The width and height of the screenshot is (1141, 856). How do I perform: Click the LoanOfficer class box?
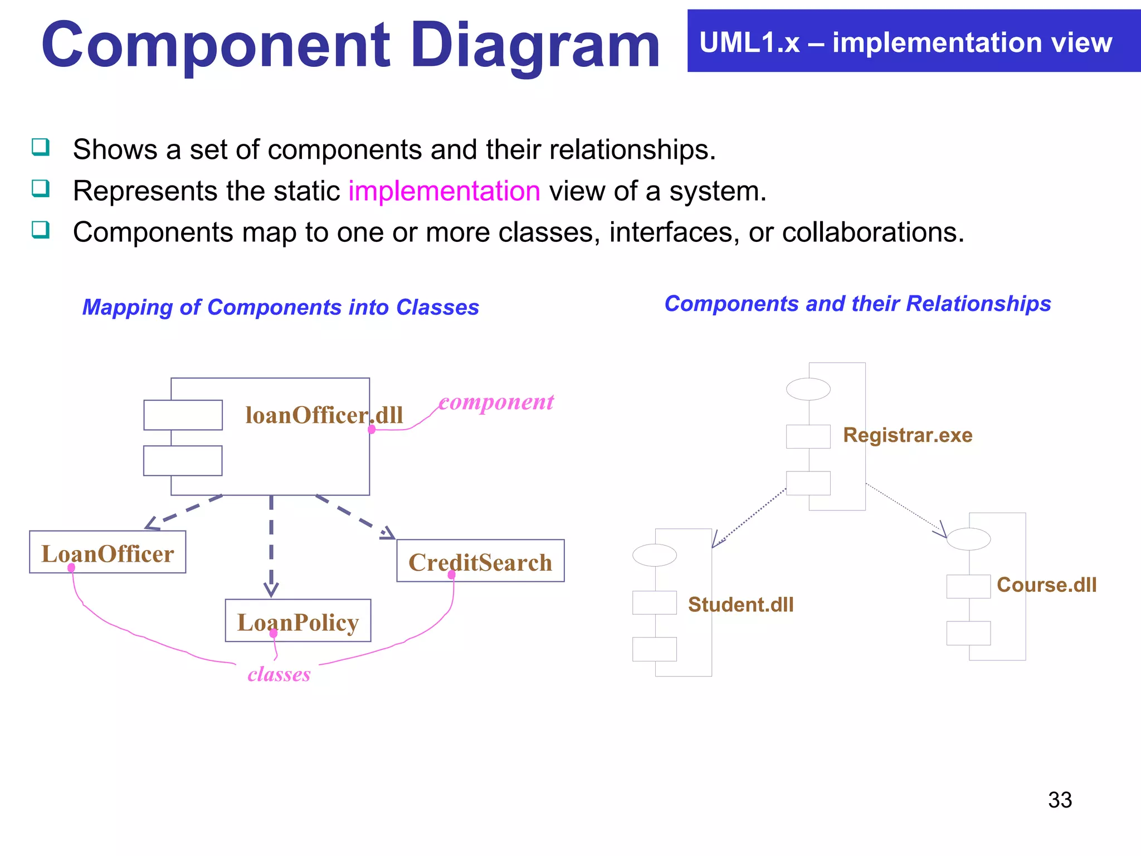coord(108,552)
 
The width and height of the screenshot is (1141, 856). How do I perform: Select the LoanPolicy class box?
coord(298,621)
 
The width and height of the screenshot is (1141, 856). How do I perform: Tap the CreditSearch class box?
coord(480,561)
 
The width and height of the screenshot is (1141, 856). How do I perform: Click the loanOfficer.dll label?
coord(324,415)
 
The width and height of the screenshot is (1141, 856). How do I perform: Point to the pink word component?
coord(496,402)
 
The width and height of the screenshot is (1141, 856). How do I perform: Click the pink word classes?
coord(279,674)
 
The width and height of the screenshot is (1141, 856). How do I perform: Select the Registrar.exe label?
coord(908,435)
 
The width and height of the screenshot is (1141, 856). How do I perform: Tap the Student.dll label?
coord(740,605)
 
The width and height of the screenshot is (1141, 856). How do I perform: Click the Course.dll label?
coord(1046,585)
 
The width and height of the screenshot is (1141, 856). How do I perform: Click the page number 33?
coord(1060,800)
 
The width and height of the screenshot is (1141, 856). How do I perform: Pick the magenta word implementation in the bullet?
coord(444,191)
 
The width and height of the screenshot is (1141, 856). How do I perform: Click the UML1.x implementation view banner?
coord(914,41)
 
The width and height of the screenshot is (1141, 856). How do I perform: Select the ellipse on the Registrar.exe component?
coord(808,389)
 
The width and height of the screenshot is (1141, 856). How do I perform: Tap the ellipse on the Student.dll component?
coord(655,555)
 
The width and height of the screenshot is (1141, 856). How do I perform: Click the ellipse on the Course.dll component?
coord(968,539)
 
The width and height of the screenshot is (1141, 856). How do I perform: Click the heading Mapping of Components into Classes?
coord(280,308)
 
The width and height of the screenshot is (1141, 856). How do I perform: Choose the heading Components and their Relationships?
coord(857,304)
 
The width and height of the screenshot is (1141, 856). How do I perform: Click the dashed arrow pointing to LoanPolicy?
coord(271,546)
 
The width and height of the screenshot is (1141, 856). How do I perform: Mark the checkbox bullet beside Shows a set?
coord(41,147)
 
